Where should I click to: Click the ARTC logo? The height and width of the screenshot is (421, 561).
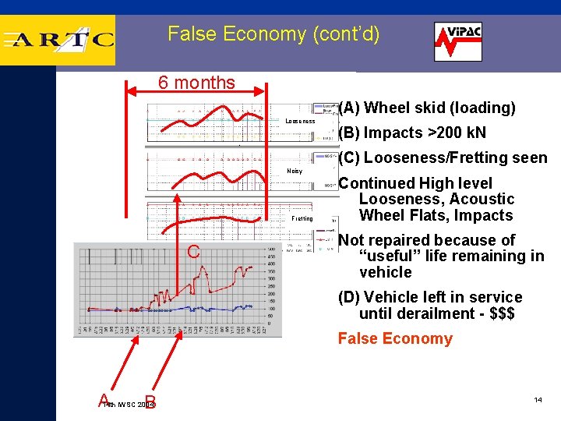[x=58, y=40]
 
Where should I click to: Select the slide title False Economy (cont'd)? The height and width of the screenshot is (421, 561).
[x=273, y=34]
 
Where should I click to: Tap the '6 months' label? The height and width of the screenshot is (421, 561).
[x=196, y=83]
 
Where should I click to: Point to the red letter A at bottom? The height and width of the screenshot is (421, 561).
[x=104, y=400]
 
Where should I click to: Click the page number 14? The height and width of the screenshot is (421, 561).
[x=538, y=400]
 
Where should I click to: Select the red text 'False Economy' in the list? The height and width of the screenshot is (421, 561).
[x=394, y=338]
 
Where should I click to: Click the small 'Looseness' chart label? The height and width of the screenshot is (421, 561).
[x=300, y=122]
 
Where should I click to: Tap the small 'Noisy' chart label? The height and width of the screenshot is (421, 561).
[x=295, y=171]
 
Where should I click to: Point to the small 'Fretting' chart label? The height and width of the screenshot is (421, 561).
[x=302, y=219]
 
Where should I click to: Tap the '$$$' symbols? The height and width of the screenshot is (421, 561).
[x=496, y=313]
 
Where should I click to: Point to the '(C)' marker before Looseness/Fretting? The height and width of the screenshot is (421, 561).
[x=349, y=157]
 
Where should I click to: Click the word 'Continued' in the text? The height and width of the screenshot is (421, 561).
[x=376, y=183]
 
